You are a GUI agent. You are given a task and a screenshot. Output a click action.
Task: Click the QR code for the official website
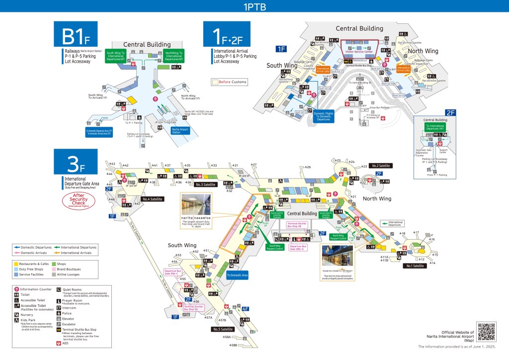click(486, 332)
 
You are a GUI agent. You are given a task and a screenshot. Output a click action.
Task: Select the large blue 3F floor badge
click(76, 161)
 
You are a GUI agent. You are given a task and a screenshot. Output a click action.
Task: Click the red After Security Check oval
click(78, 200)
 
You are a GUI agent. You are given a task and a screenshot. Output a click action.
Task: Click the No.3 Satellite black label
click(206, 184)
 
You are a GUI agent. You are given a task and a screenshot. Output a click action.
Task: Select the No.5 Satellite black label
click(223, 329)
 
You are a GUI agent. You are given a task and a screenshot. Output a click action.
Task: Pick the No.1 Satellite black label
click(416, 266)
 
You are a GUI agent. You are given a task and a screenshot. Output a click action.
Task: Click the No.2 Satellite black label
click(381, 166)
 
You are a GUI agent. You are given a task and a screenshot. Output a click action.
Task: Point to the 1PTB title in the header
click(254, 7)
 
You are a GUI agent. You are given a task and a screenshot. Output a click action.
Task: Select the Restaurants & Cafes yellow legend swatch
click(16, 263)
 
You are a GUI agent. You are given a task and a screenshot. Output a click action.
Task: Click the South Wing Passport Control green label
click(275, 247)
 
